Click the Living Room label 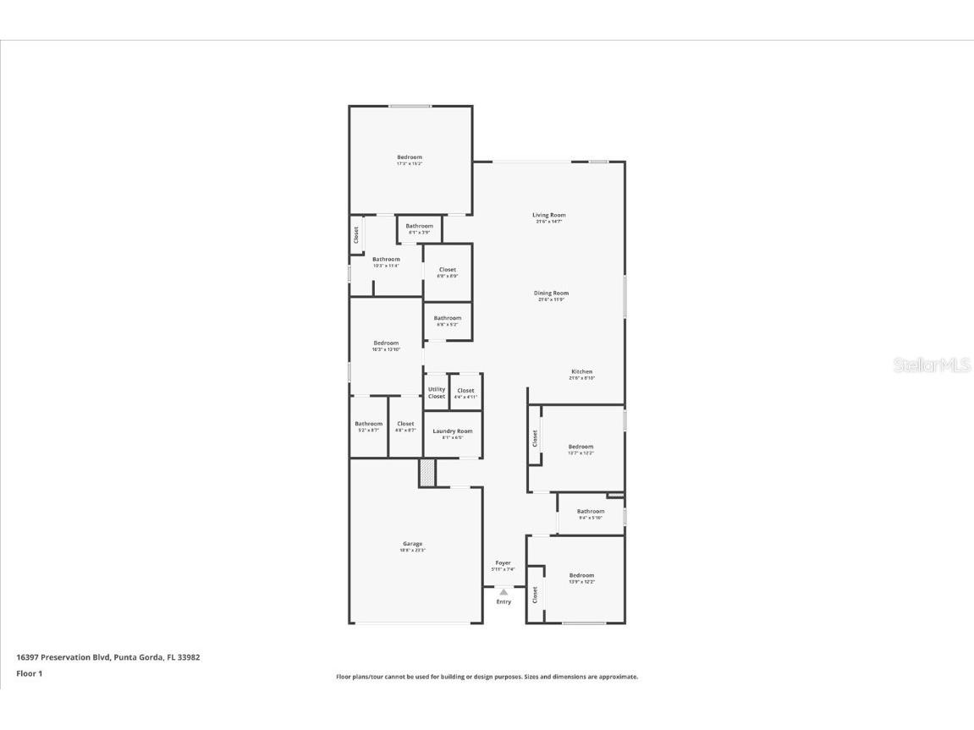pos(548,216)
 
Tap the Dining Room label pos(551,294)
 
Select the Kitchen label pos(581,372)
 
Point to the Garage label pos(412,544)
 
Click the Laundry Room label pos(453,431)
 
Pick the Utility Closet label pos(437,392)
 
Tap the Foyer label pos(504,563)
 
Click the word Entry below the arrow pos(504,601)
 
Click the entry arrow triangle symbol pos(504,592)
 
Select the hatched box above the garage pos(427,473)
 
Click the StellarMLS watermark pos(932,365)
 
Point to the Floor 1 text pos(29,673)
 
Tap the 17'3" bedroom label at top pos(410,157)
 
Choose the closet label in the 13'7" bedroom pos(535,438)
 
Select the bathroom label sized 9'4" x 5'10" pos(591,511)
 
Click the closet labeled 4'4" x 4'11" pos(465,391)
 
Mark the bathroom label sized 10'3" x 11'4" pos(386,260)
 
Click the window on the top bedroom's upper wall pos(410,106)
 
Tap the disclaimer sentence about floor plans pos(487,677)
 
